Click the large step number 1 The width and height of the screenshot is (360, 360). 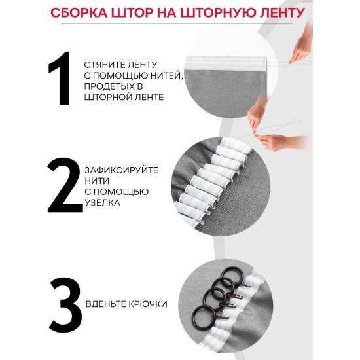point(60,79)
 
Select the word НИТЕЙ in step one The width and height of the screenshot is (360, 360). point(166,75)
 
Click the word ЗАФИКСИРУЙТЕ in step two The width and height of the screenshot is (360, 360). point(122,170)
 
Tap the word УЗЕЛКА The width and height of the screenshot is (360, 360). point(102,202)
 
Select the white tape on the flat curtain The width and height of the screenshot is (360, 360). point(226,63)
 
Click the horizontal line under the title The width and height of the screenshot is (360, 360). point(177,24)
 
